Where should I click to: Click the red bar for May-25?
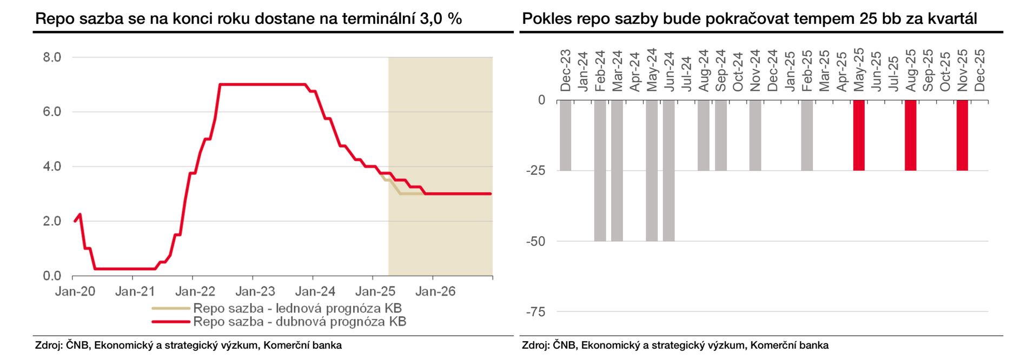tap(858, 135)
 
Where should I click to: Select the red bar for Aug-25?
tap(910, 135)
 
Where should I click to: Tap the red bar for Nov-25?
tap(962, 135)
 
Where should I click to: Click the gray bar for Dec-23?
tap(565, 135)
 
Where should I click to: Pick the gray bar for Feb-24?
tap(600, 170)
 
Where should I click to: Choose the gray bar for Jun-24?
tap(668, 170)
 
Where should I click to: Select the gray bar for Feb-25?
tap(806, 135)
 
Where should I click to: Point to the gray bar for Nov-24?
tap(755, 135)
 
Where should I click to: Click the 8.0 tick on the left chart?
tap(52, 57)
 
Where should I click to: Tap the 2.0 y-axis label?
tap(52, 221)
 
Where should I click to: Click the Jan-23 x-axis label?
tap(255, 291)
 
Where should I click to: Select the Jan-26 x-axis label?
tap(435, 291)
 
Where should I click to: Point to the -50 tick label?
tap(535, 242)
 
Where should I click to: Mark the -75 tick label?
tap(535, 312)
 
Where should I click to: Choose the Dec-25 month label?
tap(979, 70)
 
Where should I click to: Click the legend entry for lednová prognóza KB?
tap(297, 309)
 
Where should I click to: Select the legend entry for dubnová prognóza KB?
tap(300, 322)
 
